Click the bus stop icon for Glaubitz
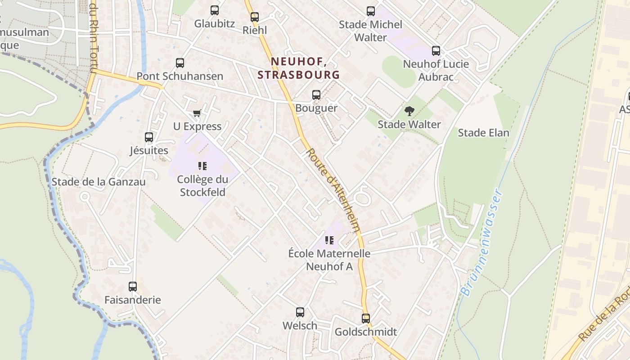[x=215, y=10]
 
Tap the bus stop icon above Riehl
[x=255, y=17]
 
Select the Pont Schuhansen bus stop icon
[x=180, y=63]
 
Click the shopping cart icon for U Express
[x=197, y=113]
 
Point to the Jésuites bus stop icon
[x=149, y=137]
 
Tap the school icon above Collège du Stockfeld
[x=202, y=166]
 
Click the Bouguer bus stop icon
[x=316, y=95]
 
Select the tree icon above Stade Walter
[x=409, y=111]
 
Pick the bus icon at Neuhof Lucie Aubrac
[x=436, y=51]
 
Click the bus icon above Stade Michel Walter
[x=371, y=11]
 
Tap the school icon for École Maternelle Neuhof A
[x=329, y=240]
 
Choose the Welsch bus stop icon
[x=300, y=312]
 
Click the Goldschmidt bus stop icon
[x=366, y=319]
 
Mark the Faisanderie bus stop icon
[x=133, y=287]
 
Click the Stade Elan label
[x=483, y=133]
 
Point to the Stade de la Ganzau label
[x=99, y=182]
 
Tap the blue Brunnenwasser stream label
[x=481, y=243]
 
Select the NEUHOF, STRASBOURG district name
[x=299, y=68]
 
